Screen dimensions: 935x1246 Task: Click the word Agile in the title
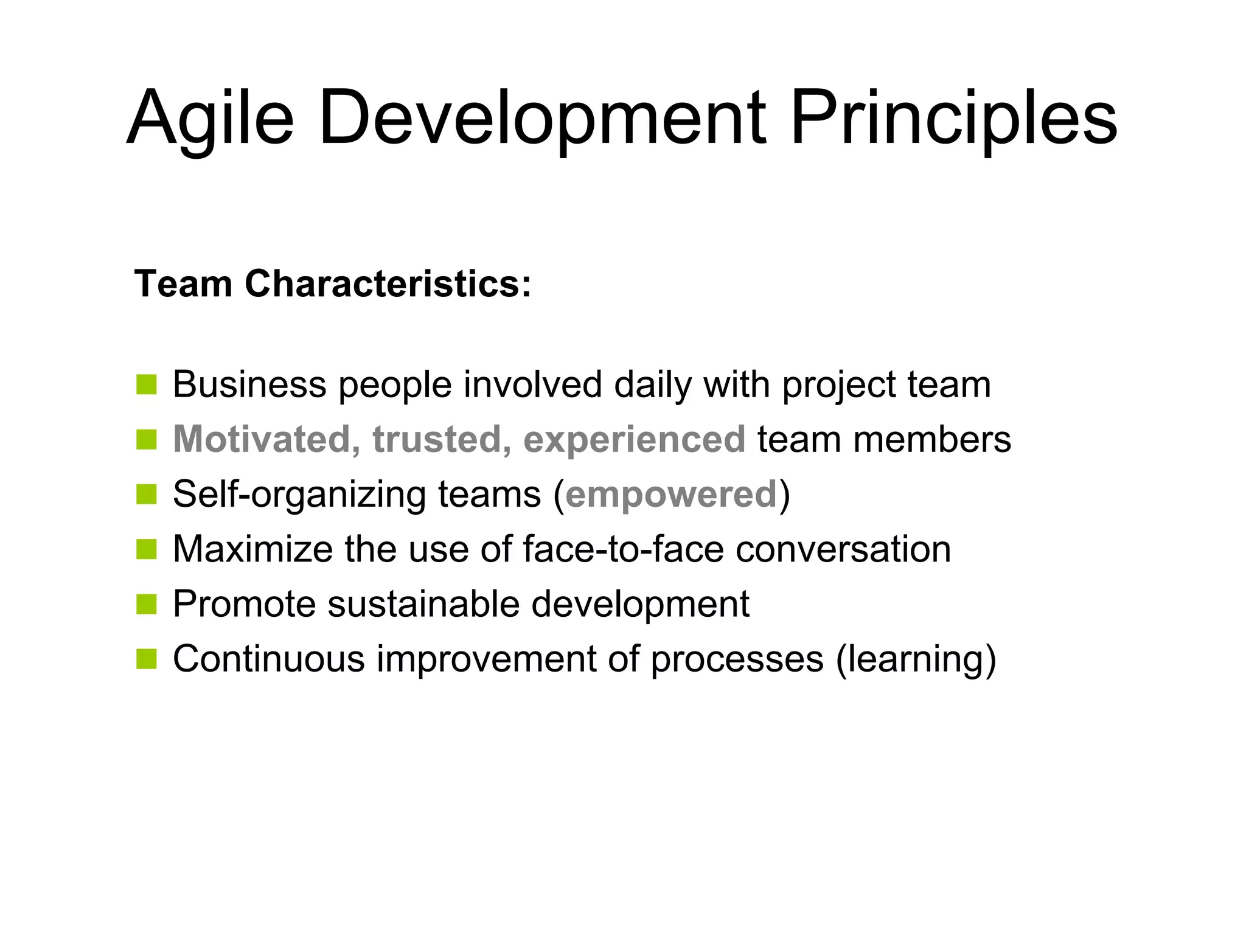(x=210, y=119)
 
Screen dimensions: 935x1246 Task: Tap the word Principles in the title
(x=953, y=119)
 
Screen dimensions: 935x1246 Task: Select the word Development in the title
(x=541, y=119)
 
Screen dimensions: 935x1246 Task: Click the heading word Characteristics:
(x=388, y=284)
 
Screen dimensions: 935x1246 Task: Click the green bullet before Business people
(x=147, y=385)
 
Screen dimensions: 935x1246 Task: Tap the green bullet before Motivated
(x=147, y=439)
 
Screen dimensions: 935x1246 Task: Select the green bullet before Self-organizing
(x=147, y=494)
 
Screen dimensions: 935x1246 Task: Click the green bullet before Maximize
(x=147, y=549)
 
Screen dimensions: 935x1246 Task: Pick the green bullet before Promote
(x=147, y=604)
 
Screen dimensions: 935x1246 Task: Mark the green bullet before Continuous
(x=147, y=659)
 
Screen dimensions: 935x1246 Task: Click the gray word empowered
(x=671, y=494)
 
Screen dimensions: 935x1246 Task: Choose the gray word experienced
(x=634, y=439)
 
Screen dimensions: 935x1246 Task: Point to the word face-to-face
(x=623, y=549)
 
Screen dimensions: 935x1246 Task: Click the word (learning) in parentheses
(x=916, y=659)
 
